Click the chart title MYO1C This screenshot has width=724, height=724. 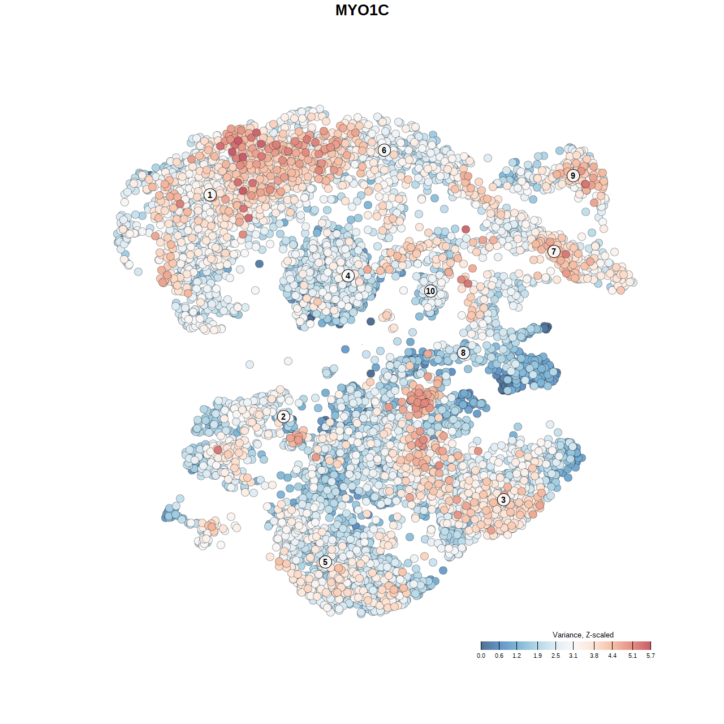coord(362,10)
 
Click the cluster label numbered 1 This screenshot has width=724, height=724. coord(210,195)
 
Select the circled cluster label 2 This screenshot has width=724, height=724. coord(283,417)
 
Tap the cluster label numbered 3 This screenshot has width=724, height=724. coord(503,499)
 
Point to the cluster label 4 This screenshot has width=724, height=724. coord(348,276)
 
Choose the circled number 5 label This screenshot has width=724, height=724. coord(325,562)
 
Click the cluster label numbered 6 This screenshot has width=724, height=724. coord(384,150)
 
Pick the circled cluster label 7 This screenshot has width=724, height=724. coord(554,252)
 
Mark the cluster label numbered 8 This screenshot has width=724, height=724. coord(463,352)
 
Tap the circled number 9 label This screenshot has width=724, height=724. coord(573,175)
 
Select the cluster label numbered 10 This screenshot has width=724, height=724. coord(430,291)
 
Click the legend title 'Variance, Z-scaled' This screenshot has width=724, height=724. coord(583,635)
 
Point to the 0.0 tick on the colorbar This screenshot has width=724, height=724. coord(481,656)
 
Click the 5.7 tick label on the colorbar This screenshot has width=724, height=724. coord(650,656)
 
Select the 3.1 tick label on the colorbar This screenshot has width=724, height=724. coord(573,656)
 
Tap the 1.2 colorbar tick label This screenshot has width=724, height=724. coord(516,656)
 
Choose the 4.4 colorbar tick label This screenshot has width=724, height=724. coord(612,656)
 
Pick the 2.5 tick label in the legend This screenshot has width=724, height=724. coord(555,656)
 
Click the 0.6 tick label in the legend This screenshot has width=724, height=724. coord(499,656)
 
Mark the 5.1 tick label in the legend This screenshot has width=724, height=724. coord(632,656)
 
